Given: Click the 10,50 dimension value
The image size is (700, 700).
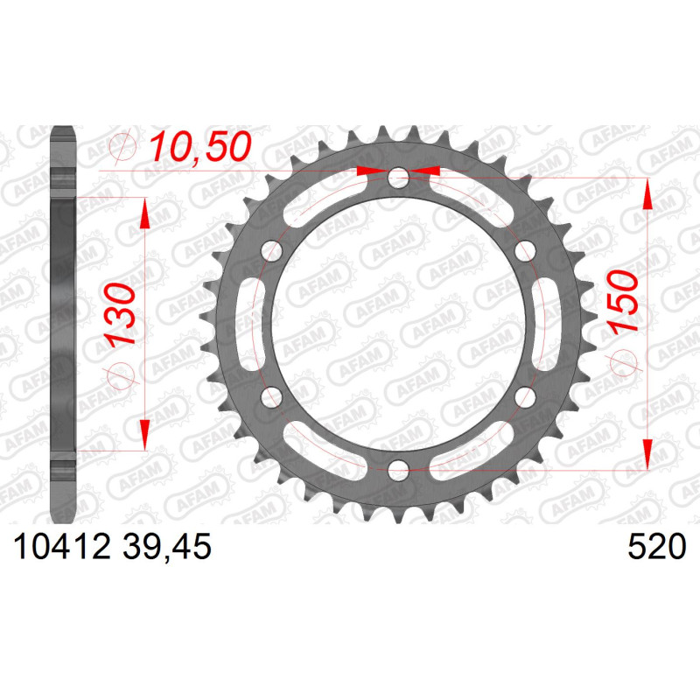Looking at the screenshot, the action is coord(200,147).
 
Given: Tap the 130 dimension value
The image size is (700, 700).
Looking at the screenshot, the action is coord(121,314).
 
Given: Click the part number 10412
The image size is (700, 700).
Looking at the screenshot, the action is coord(62,547).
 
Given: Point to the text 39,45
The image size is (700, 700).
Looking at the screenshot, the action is coord(166,548).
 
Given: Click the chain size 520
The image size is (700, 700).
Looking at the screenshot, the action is coord(657,547).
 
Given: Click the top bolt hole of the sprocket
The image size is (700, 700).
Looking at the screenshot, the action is coord(398,178).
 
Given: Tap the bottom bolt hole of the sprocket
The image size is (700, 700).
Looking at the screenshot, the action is coord(398,469).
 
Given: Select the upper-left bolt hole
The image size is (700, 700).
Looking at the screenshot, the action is coord(272,251).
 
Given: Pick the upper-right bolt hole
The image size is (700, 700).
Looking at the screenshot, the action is coord(525,251).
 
